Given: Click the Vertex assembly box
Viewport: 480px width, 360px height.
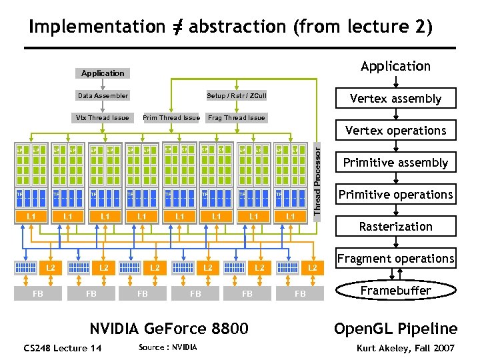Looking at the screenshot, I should (x=396, y=99).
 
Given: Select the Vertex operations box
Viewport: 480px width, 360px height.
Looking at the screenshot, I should (x=396, y=131).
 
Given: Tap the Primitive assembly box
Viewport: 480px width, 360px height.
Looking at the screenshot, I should (x=396, y=163).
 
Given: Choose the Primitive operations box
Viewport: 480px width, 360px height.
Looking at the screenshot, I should (x=396, y=195).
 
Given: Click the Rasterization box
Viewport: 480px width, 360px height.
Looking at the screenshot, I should (x=396, y=227).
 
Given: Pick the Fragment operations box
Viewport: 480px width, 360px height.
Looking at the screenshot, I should (x=396, y=259).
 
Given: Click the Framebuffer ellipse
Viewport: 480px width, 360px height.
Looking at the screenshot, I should (x=396, y=291).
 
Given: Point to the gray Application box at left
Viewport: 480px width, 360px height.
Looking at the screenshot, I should (x=103, y=73).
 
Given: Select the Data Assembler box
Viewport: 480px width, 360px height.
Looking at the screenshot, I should (x=103, y=96).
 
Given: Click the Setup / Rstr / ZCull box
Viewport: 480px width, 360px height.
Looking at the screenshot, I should (x=237, y=96).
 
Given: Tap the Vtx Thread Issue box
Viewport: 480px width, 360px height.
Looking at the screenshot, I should (x=103, y=118).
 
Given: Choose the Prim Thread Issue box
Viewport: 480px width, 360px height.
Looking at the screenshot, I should (x=171, y=118).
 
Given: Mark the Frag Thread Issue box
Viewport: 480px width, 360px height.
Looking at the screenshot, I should (x=237, y=118).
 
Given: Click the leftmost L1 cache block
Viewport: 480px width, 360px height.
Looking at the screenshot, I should (x=31, y=217).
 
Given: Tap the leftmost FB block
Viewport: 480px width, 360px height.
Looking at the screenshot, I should (x=39, y=293).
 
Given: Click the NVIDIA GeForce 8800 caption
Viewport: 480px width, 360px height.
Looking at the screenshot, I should (x=169, y=329).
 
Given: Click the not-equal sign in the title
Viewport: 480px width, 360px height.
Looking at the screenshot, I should (x=177, y=27).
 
